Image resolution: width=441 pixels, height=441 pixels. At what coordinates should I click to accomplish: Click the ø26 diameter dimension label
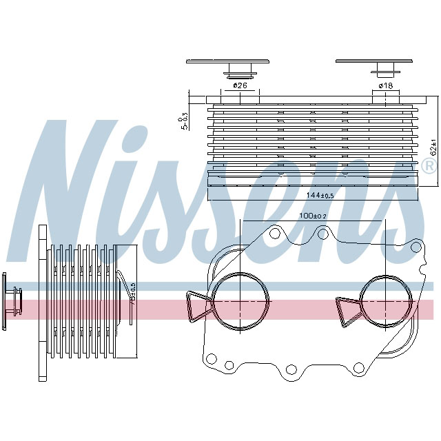coord(240,85)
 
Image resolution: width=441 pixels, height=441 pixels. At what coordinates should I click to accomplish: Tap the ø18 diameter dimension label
coord(385,85)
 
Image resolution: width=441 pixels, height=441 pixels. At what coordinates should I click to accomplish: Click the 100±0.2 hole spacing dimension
coord(312,216)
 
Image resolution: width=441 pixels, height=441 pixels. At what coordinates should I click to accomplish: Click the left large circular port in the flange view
coord(240,301)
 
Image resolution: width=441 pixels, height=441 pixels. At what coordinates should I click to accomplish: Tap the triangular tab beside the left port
coord(198,305)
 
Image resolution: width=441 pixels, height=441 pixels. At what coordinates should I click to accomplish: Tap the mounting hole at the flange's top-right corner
coord(416,246)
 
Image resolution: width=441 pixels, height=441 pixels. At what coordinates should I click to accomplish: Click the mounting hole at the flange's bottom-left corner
coord(212,358)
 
